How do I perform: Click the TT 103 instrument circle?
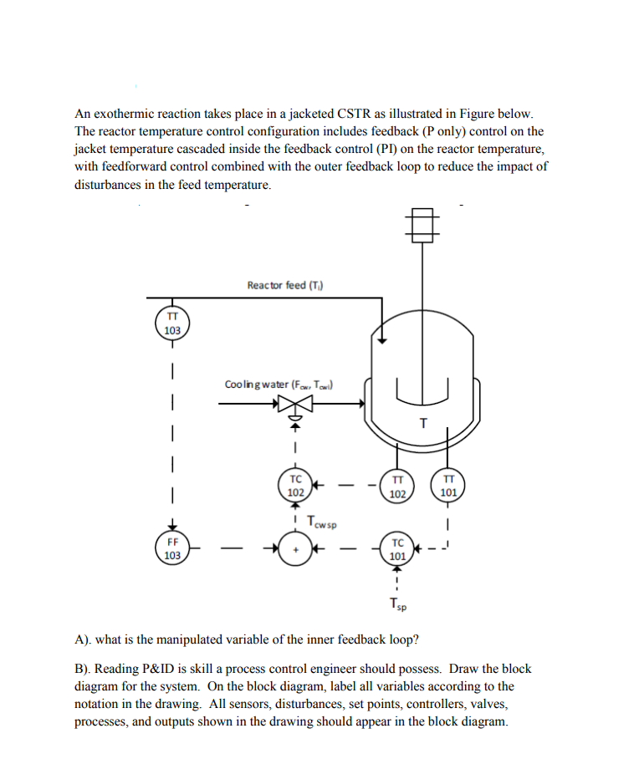click(x=171, y=323)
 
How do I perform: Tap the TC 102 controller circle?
click(x=294, y=486)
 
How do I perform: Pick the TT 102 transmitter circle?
click(x=398, y=486)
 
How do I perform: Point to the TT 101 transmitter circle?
click(x=448, y=486)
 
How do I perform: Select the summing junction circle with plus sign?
click(x=294, y=549)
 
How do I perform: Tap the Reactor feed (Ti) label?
click(x=285, y=286)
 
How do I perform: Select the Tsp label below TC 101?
click(x=398, y=603)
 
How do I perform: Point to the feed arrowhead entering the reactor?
click(x=381, y=339)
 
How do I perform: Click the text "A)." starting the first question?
click(x=83, y=640)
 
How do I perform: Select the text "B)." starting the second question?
click(x=83, y=669)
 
